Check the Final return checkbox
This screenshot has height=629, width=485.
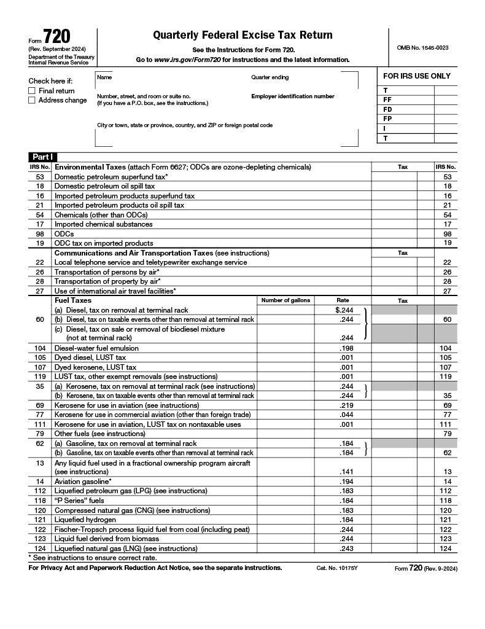pyautogui.click(x=32, y=91)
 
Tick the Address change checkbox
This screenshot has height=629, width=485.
pyautogui.click(x=32, y=101)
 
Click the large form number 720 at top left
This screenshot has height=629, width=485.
pyautogui.click(x=56, y=37)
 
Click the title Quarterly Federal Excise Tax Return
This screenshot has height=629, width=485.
pyautogui.click(x=243, y=35)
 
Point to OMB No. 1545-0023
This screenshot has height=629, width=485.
pyautogui.click(x=422, y=47)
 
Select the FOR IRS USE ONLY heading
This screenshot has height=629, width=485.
pyautogui.click(x=417, y=76)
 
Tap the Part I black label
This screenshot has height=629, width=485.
pyautogui.click(x=41, y=157)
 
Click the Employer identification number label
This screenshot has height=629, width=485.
pyautogui.click(x=293, y=96)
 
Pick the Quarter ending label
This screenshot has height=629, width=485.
pyautogui.click(x=270, y=77)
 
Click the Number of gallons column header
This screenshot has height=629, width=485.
pyautogui.click(x=285, y=300)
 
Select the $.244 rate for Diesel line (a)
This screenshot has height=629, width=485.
pyautogui.click(x=344, y=310)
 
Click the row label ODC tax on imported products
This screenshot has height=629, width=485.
pyautogui.click(x=104, y=243)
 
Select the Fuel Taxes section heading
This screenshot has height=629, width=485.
pyautogui.click(x=73, y=300)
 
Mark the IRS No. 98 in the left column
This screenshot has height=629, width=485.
pyautogui.click(x=40, y=233)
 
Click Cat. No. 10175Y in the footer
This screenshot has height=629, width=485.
pyautogui.click(x=336, y=568)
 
